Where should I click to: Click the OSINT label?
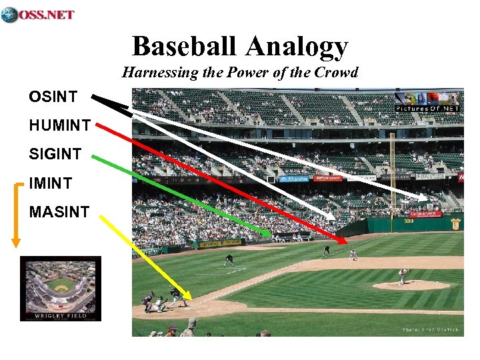point(53,97)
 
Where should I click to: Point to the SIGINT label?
point(55,154)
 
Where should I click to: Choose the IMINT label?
point(51,183)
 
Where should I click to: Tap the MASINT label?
point(59,212)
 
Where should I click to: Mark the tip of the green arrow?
point(270,235)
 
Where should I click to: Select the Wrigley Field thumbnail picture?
point(61,288)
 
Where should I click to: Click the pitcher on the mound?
point(403,275)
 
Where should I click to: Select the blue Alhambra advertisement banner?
point(293,179)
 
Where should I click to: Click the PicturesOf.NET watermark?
point(427,108)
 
